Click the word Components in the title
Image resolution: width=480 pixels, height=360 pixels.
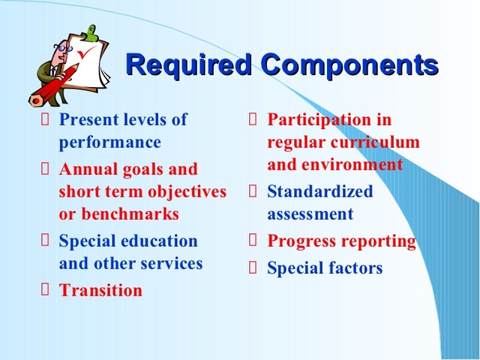tap(349, 65)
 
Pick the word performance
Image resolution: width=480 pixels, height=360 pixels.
tap(109, 142)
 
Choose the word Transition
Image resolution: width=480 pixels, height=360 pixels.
tap(100, 291)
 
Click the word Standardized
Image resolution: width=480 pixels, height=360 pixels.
tap(320, 191)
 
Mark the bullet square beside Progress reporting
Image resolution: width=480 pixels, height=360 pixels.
tap(253, 241)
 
